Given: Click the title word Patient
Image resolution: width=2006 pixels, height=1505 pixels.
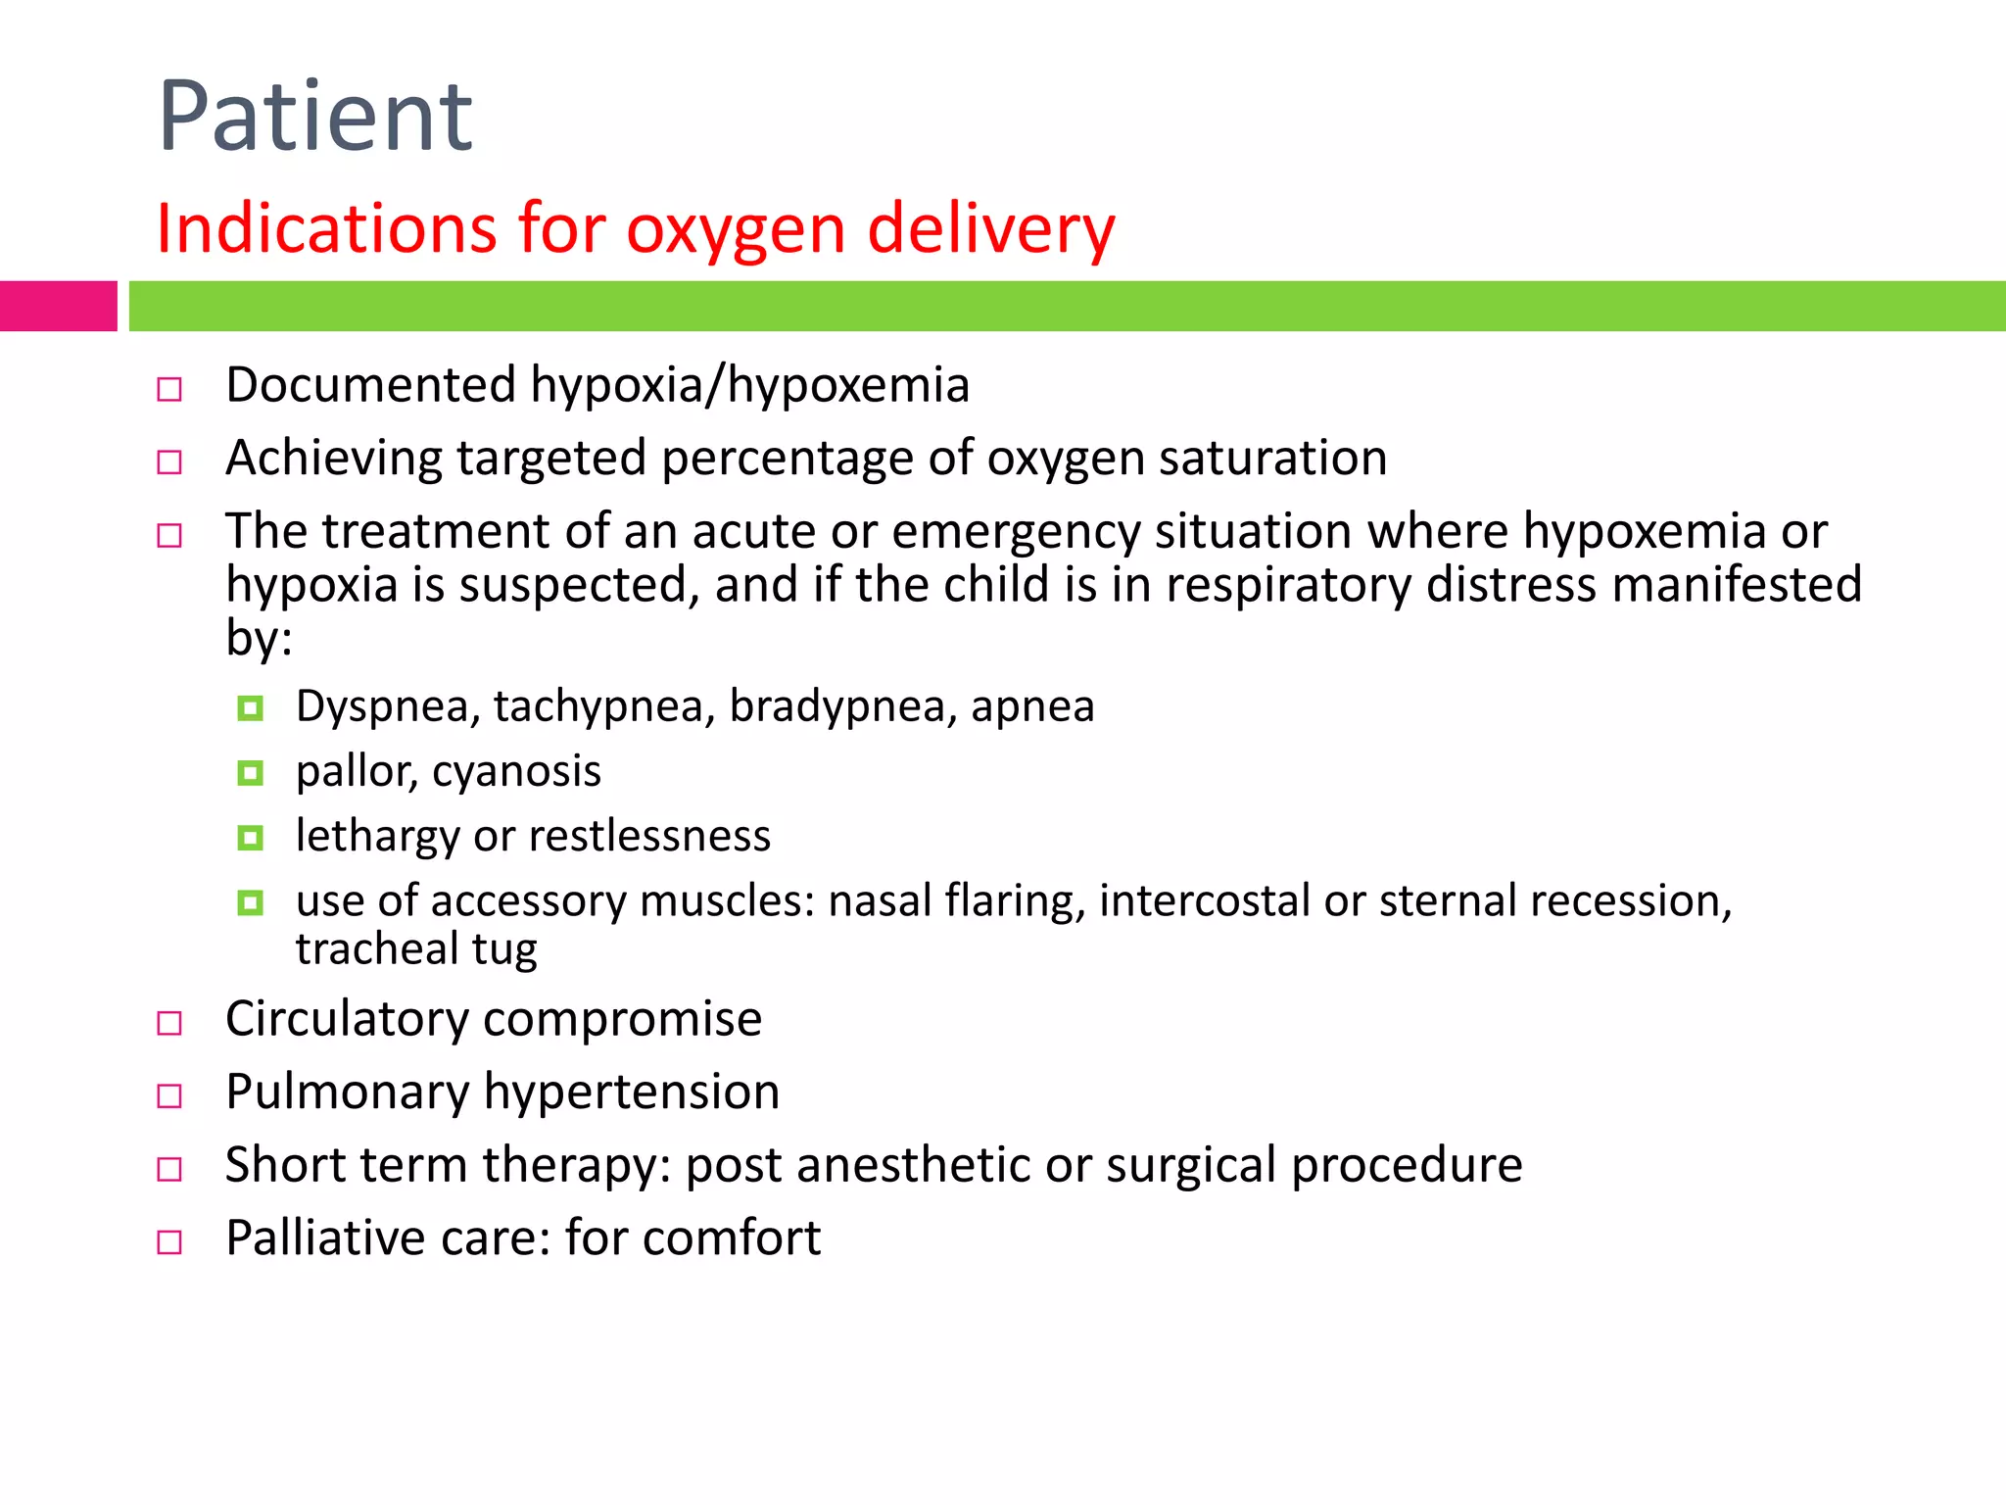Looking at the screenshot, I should click(315, 118).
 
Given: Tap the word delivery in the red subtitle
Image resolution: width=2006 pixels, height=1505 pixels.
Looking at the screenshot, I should click(991, 228).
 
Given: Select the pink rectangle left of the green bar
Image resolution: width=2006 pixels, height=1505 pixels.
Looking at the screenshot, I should click(58, 306).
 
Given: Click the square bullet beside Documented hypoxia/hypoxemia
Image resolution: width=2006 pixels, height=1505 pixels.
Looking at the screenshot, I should click(169, 390).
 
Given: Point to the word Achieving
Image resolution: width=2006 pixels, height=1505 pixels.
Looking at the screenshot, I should click(333, 459).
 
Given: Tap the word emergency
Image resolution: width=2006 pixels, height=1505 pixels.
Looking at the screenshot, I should click(1016, 532).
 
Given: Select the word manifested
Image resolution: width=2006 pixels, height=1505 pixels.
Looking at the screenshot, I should click(1737, 585).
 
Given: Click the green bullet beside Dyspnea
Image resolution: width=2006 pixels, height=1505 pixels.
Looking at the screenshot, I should click(251, 708).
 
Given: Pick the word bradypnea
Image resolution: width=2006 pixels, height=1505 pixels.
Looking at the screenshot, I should click(842, 706).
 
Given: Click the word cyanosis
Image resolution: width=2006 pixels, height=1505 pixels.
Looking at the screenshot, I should click(516, 771).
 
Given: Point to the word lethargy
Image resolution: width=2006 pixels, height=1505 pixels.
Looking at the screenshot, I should click(377, 837).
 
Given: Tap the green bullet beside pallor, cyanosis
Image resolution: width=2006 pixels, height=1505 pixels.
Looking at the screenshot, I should click(251, 774).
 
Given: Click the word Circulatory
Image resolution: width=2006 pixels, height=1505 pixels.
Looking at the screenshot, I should click(347, 1019).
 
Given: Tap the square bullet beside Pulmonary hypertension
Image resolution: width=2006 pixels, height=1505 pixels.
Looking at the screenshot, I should click(169, 1096).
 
